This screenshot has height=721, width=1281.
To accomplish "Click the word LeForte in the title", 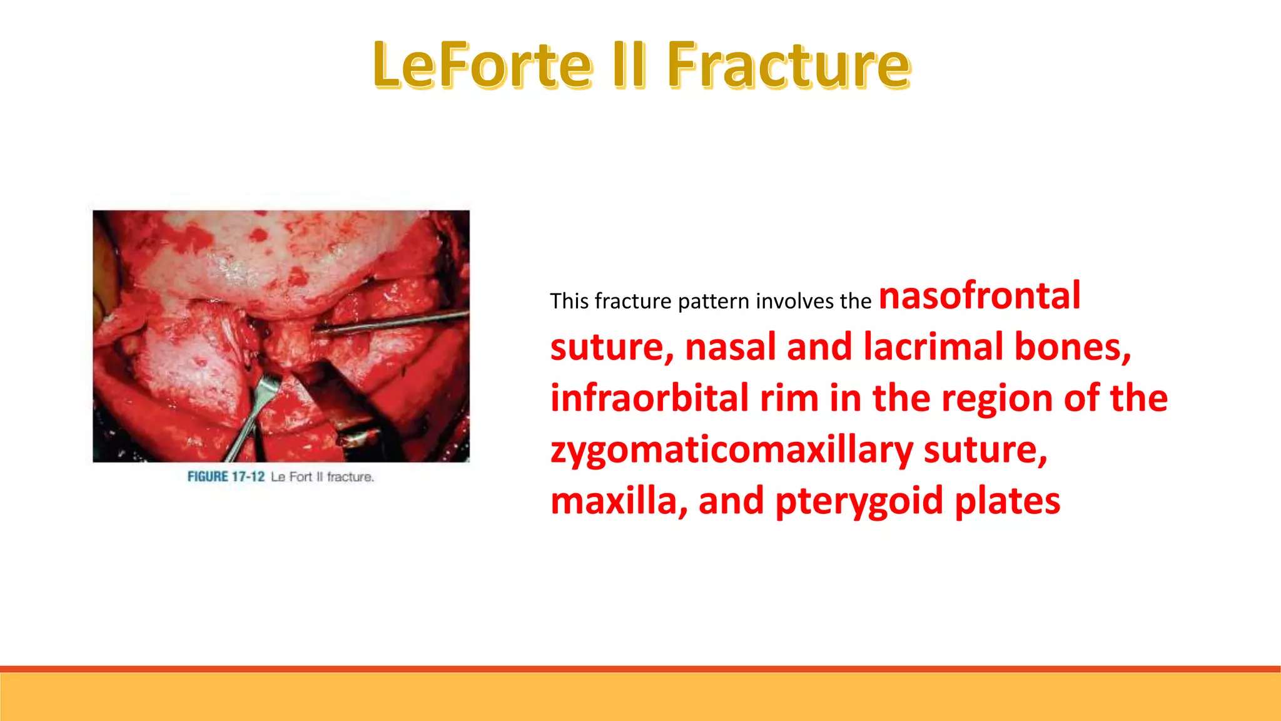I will point(482,64).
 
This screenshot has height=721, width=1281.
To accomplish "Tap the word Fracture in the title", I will point(788,64).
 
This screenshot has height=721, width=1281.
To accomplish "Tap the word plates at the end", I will point(1007,501).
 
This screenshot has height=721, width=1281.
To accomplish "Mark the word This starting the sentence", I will point(569,301).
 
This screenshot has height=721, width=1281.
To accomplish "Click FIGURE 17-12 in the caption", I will point(226,477).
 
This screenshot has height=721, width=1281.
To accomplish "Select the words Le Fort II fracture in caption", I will point(322,477).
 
